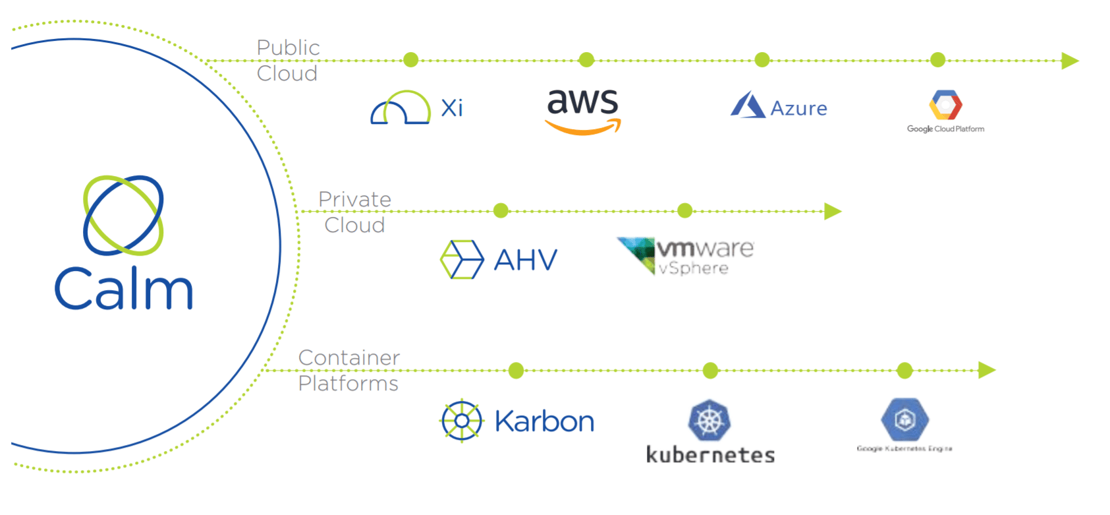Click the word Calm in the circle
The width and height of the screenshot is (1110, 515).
[x=124, y=288]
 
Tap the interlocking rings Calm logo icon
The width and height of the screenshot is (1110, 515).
[x=123, y=215]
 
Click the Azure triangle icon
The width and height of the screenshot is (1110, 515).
[x=747, y=106]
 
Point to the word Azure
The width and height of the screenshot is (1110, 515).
[x=798, y=108]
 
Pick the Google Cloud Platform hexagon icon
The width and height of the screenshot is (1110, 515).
[x=945, y=105]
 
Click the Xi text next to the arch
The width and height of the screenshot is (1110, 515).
[x=452, y=107]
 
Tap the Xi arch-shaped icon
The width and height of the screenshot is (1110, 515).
[x=400, y=108]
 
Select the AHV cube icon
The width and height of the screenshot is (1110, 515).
[x=461, y=259]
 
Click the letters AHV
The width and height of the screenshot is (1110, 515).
[x=526, y=260]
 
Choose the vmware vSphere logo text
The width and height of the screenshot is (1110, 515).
[x=704, y=257]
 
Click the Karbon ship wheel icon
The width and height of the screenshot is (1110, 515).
[x=462, y=421]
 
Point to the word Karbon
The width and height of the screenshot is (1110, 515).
[x=544, y=421]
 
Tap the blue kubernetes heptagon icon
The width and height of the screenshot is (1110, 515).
[x=709, y=420]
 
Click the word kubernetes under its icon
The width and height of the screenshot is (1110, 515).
[x=710, y=455]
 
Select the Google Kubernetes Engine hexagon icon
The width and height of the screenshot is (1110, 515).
[x=905, y=419]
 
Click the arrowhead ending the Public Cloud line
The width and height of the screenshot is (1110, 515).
[x=1070, y=61]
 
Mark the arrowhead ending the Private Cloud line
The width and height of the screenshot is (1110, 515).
[x=833, y=211]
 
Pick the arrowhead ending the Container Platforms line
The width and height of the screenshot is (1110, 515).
[x=986, y=370]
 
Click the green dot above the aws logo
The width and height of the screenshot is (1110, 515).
[x=586, y=60]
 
